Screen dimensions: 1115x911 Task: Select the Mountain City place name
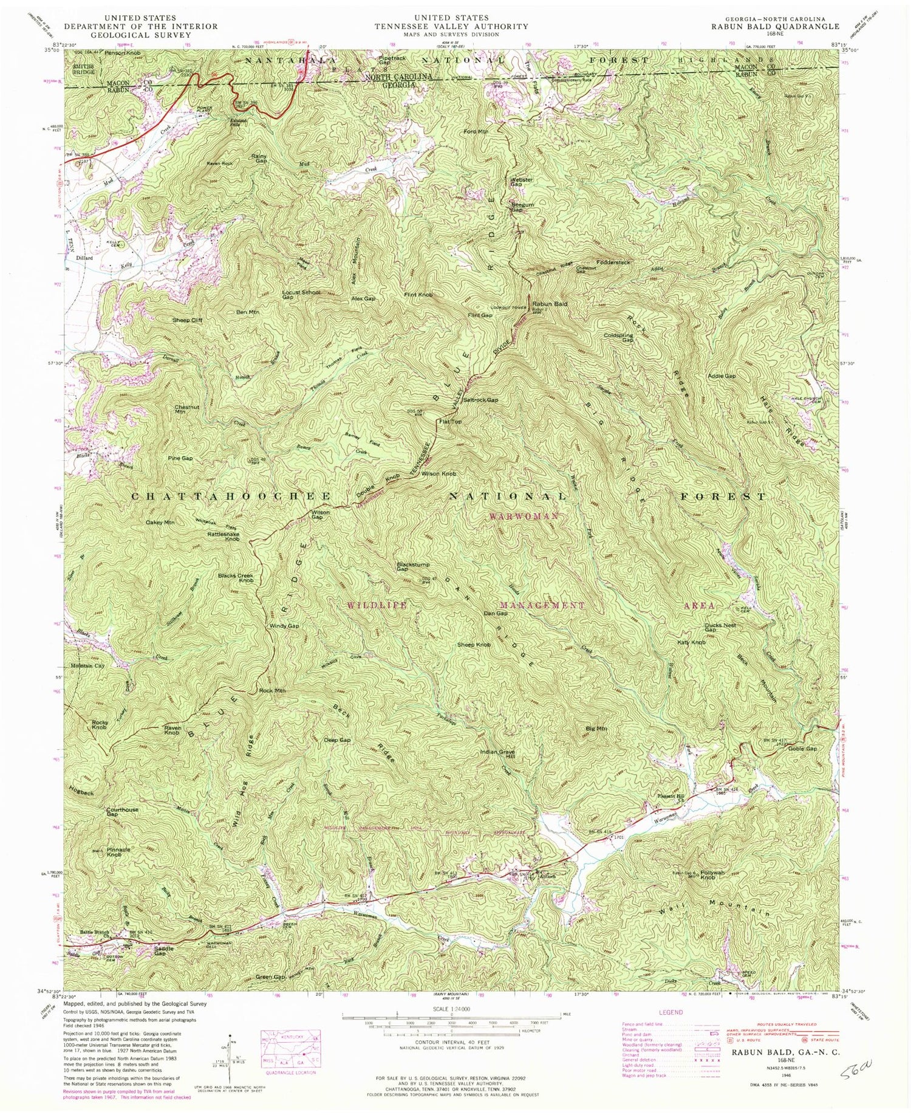pos(86,665)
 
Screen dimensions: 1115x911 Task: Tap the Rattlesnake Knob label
pos(224,537)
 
